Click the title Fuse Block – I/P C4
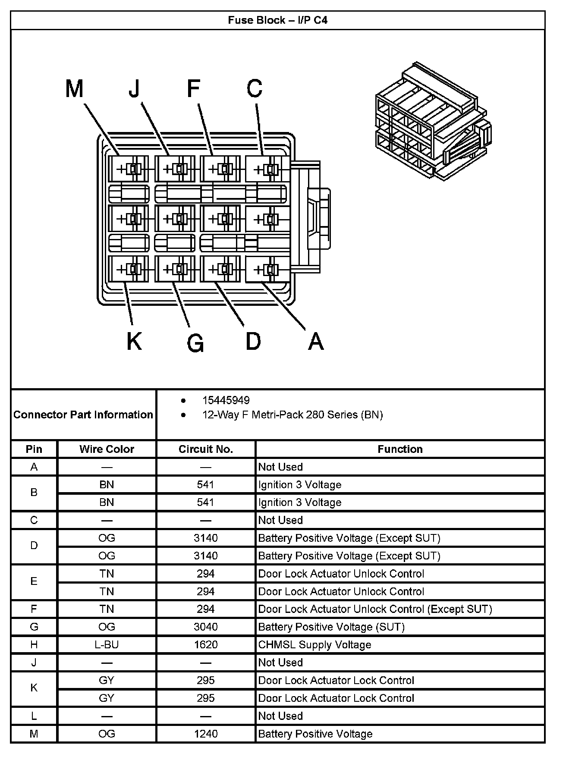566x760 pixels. point(277,20)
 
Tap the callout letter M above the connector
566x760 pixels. point(74,89)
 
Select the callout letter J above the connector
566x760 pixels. point(135,88)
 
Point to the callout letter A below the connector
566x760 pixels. point(316,342)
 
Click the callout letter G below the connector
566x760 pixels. point(195,344)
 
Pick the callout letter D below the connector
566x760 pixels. point(253,341)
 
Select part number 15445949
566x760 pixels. point(226,400)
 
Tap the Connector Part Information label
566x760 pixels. point(83,415)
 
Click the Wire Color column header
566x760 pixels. point(107,449)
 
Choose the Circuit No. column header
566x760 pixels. point(206,449)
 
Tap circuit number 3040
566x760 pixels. point(206,627)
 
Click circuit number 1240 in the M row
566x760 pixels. point(206,734)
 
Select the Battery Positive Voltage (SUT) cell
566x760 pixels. point(331,627)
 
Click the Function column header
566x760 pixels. point(400,449)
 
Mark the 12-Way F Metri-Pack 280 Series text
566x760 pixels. point(292,415)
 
